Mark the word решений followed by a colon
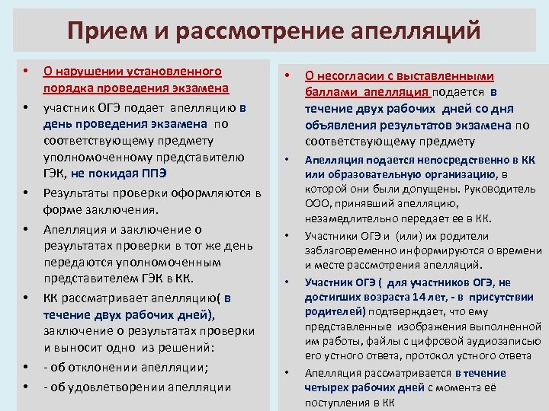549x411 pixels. (x=190, y=350)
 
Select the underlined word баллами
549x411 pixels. (x=328, y=92)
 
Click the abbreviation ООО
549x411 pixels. (x=317, y=203)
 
